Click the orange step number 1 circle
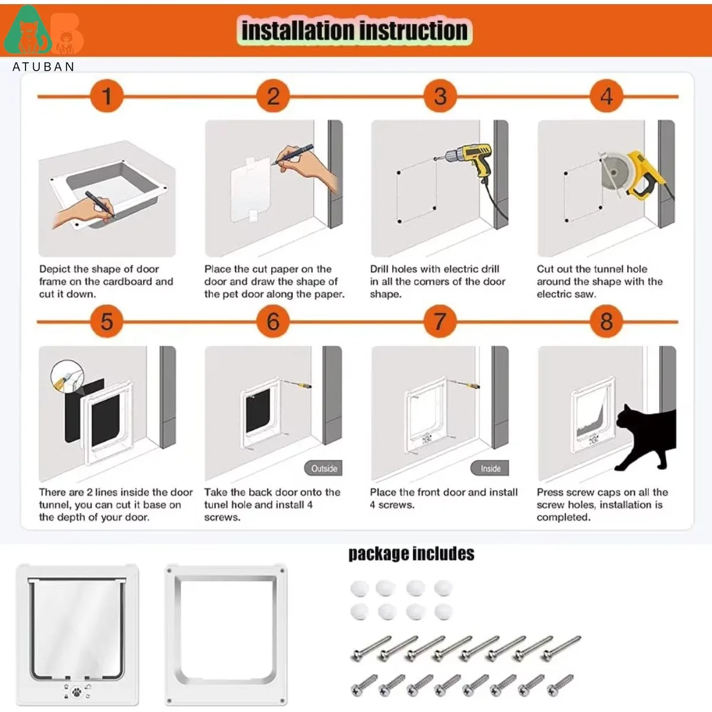click(107, 96)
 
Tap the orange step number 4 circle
click(606, 96)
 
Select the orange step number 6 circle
click(273, 322)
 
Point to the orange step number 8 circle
click(606, 322)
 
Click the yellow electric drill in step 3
click(472, 159)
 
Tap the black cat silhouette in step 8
click(647, 436)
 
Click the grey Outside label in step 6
click(324, 469)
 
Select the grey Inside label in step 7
click(491, 469)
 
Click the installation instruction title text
click(354, 31)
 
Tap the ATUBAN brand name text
click(44, 66)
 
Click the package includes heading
click(411, 554)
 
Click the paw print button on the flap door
click(77, 691)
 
